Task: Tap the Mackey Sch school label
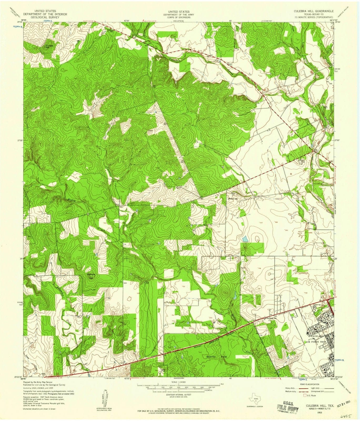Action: coord(231,199)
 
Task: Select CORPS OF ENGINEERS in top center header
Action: coord(180,17)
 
